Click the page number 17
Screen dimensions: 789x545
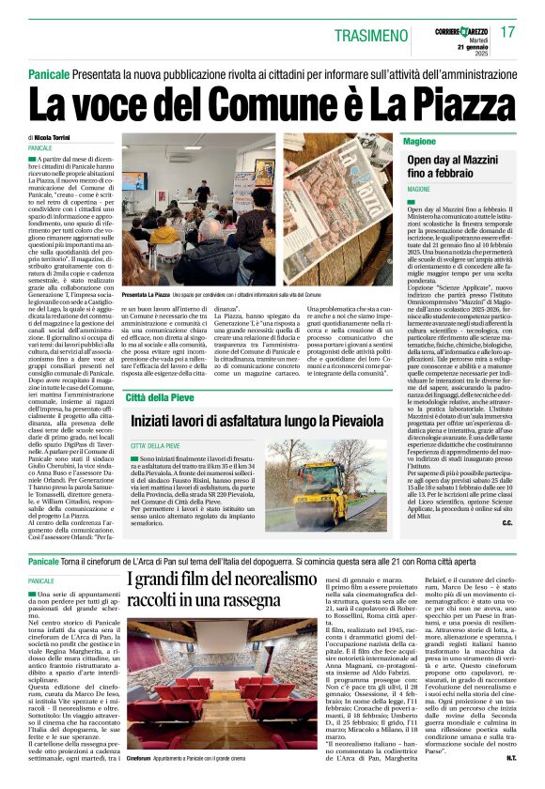[508, 31]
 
